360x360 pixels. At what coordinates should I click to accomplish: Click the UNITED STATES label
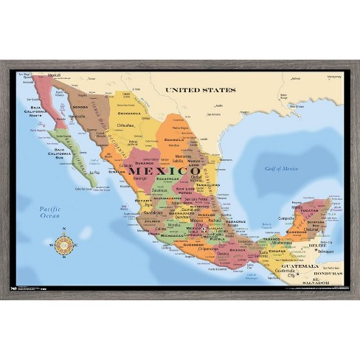pyautogui.click(x=200, y=90)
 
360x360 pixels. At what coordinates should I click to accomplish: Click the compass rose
pyautogui.click(x=64, y=243)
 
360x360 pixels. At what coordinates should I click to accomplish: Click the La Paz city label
pyautogui.click(x=93, y=173)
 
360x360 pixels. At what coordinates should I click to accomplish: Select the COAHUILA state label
pyautogui.click(x=173, y=138)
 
